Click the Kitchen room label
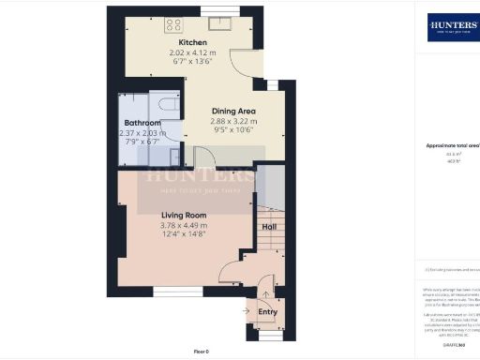pyautogui.click(x=193, y=43)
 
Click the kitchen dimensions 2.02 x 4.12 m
pyautogui.click(x=193, y=54)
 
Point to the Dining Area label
pyautogui.click(x=233, y=111)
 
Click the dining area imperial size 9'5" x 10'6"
pyautogui.click(x=233, y=132)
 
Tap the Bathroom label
pyautogui.click(x=142, y=123)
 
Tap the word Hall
pyautogui.click(x=269, y=227)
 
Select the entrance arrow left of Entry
pyautogui.click(x=247, y=311)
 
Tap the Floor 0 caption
pyautogui.click(x=202, y=351)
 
